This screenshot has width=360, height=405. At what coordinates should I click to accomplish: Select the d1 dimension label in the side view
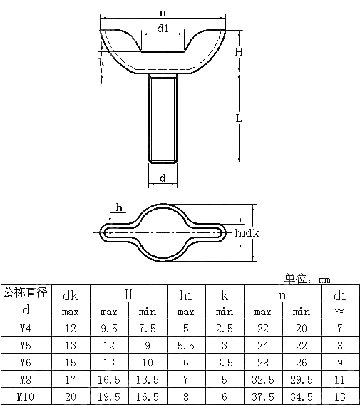[x=163, y=29]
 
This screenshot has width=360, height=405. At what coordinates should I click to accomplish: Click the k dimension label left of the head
[x=102, y=63]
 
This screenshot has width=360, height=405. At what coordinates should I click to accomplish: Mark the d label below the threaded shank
[x=163, y=177]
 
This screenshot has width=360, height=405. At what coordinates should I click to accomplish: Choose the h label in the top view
[x=118, y=208]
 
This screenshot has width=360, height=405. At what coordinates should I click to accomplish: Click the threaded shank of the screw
[x=163, y=118]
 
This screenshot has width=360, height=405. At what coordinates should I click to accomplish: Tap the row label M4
[x=26, y=329]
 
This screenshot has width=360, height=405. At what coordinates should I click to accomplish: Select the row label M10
[x=26, y=396]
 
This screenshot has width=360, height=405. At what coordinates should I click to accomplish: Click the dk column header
[x=71, y=295]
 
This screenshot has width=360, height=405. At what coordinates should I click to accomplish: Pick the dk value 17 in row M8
[x=71, y=379]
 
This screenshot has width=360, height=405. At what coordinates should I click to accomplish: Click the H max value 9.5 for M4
[x=109, y=329]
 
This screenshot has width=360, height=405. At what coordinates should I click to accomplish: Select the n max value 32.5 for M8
[x=263, y=379]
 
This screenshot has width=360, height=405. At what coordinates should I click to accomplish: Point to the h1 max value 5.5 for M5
[x=186, y=346]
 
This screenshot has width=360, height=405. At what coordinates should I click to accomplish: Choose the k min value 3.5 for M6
[x=225, y=362]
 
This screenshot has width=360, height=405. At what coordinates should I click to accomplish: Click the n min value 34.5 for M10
[x=302, y=396]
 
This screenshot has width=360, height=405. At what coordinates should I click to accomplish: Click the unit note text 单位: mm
[x=308, y=279]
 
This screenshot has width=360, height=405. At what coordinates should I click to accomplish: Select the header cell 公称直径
[x=26, y=292]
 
